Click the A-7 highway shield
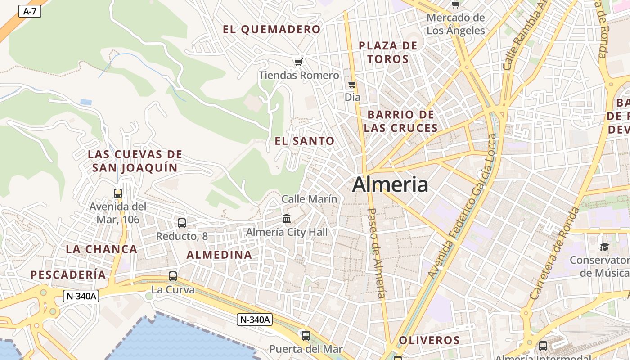click(x=30, y=11)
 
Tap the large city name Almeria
click(x=390, y=184)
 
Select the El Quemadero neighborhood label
click(x=272, y=30)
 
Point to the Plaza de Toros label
click(x=388, y=52)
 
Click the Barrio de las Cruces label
click(x=400, y=121)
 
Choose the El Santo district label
click(x=305, y=141)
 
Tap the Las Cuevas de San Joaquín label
click(x=135, y=161)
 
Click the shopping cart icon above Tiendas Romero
click(x=298, y=62)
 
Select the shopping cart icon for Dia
click(x=352, y=84)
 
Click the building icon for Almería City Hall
click(x=287, y=219)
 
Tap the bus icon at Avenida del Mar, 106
click(x=118, y=193)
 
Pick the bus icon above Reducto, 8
click(x=182, y=223)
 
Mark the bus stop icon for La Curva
click(x=173, y=276)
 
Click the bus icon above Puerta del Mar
click(x=306, y=335)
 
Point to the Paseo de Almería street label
click(x=377, y=253)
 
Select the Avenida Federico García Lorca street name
click(x=462, y=206)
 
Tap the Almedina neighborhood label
click(x=219, y=255)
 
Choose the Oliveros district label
click(x=429, y=340)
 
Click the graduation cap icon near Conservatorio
click(x=604, y=247)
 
